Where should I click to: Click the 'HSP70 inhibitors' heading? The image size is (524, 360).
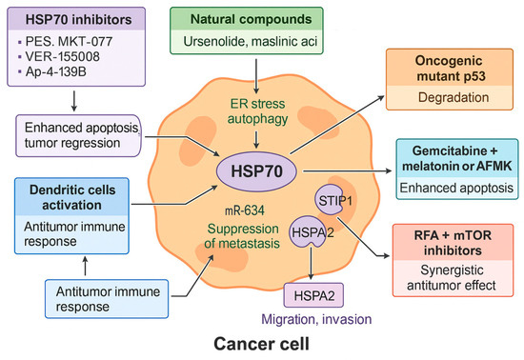[x=72, y=17]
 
